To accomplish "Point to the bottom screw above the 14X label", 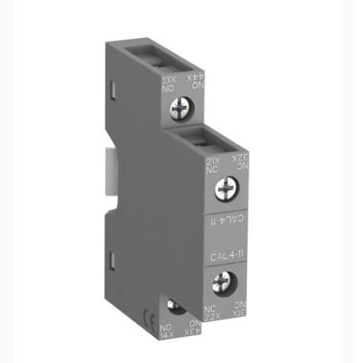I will [176, 307].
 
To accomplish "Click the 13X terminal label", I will [169, 80].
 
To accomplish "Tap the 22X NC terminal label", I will [211, 312].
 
